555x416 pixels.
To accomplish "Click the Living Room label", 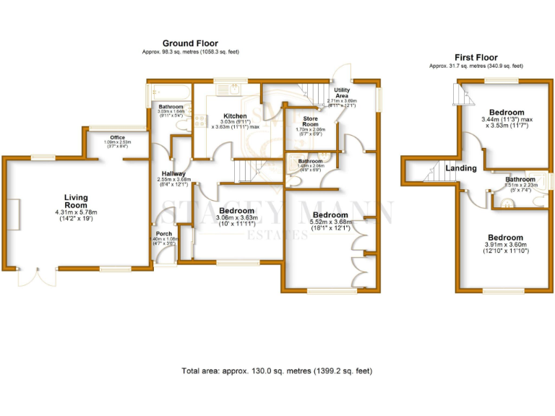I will (75, 201).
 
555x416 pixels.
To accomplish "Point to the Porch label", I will (163, 233).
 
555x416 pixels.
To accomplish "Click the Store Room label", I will (311, 121).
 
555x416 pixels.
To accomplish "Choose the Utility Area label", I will (342, 92).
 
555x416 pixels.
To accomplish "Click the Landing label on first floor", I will (461, 168).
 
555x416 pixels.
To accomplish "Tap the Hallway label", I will (173, 174).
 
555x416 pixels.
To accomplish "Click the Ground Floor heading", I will (190, 43).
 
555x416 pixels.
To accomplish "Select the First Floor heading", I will (477, 57).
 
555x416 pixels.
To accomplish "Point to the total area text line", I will (277, 370).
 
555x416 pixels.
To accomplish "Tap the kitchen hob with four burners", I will (197, 123).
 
